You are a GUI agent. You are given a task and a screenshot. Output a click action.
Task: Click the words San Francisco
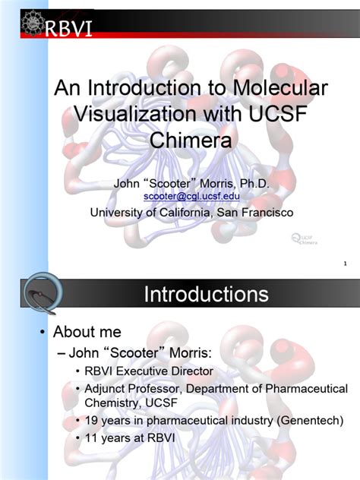[254, 213]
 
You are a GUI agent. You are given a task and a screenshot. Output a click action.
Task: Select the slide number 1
[346, 264]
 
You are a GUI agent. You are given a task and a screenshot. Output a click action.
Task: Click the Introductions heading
[206, 295]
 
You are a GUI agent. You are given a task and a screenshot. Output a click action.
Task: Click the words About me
[87, 332]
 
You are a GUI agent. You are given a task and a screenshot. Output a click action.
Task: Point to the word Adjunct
[119, 389]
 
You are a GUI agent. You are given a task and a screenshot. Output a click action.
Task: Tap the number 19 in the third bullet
[103, 420]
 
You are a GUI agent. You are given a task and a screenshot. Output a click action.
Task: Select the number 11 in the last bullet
[103, 438]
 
